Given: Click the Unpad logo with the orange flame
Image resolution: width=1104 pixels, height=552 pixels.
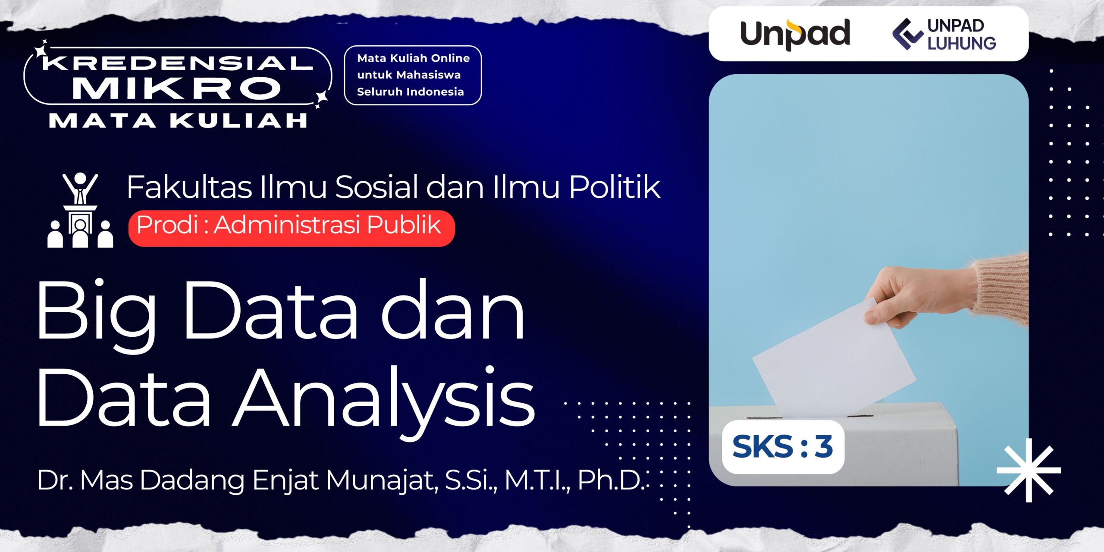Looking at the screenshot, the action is click(795, 34).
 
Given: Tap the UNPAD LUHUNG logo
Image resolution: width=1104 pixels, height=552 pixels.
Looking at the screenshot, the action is click(944, 34).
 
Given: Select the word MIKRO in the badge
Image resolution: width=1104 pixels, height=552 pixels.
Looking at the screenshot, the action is click(177, 88).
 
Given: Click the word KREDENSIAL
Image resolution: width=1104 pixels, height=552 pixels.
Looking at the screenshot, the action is click(177, 63).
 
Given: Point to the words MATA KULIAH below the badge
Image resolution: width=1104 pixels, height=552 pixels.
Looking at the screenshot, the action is click(178, 121).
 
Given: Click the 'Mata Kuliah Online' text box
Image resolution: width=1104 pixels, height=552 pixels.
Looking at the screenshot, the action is click(413, 75).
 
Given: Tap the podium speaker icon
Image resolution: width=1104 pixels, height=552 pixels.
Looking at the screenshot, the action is click(80, 210).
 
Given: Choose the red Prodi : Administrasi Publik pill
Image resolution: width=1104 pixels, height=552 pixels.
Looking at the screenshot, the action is click(292, 228).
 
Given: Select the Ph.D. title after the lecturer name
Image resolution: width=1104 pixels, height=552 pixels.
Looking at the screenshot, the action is click(610, 480).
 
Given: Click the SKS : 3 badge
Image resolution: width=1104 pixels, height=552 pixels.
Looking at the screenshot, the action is click(783, 447).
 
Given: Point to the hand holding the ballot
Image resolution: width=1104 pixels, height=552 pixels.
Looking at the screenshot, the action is click(919, 298).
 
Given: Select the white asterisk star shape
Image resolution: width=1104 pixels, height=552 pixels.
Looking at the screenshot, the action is click(1029, 470).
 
